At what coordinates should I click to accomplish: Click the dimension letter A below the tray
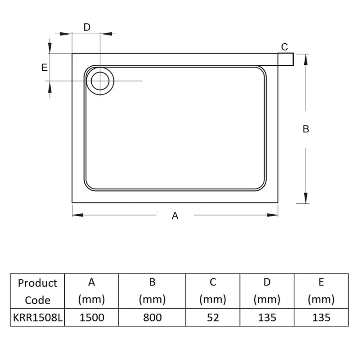[175, 216]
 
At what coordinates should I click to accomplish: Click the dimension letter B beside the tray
[306, 129]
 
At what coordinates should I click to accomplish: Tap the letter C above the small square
[284, 47]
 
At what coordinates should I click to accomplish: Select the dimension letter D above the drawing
[87, 27]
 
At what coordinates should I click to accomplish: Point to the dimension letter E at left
[44, 67]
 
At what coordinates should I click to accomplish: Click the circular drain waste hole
[100, 81]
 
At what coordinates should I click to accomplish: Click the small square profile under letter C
[286, 59]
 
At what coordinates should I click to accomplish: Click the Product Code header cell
[37, 291]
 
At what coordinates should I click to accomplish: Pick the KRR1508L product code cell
[37, 318]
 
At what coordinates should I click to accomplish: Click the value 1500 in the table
[92, 318]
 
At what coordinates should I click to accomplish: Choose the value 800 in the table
[153, 318]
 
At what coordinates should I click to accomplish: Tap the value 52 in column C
[213, 318]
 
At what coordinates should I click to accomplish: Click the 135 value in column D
[267, 318]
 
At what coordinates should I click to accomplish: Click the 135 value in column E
[321, 318]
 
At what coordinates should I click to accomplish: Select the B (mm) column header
[153, 291]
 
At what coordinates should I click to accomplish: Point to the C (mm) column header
[213, 291]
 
